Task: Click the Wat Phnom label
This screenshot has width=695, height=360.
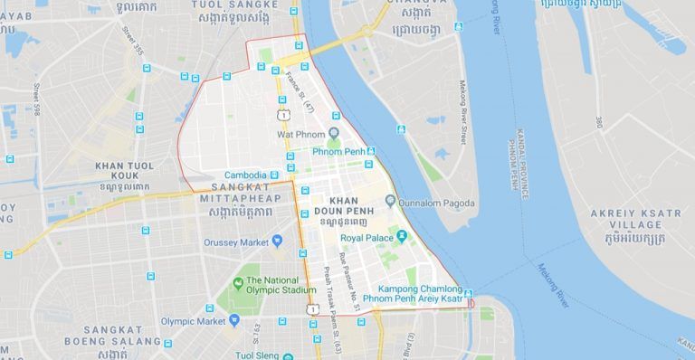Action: click(x=301, y=135)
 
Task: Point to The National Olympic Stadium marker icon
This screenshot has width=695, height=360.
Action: click(x=237, y=285)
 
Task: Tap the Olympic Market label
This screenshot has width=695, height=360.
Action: click(x=193, y=321)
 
